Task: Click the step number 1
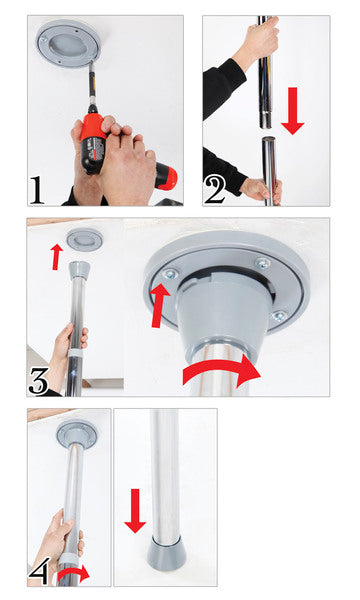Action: coord(37,189)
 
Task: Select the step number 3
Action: coord(39,381)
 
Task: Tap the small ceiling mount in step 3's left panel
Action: coord(84,239)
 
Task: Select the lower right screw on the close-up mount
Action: coord(278,316)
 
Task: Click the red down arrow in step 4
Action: coord(135,510)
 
